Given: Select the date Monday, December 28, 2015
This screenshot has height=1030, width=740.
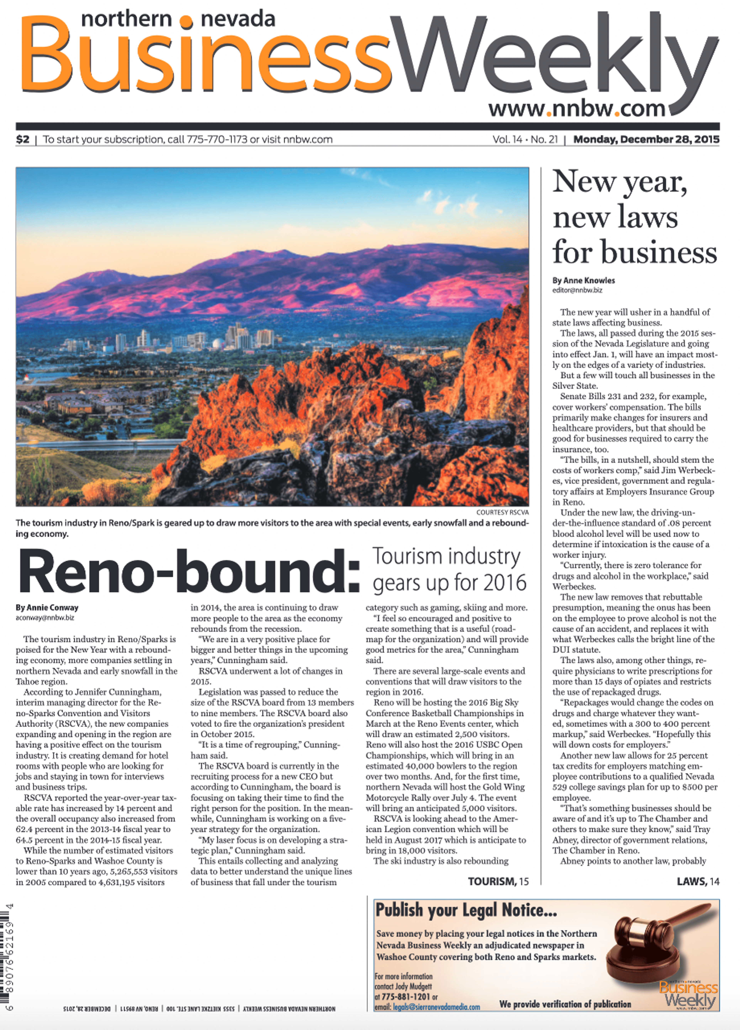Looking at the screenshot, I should pos(646,139).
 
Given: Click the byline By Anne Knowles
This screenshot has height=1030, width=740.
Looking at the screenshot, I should pos(583,280).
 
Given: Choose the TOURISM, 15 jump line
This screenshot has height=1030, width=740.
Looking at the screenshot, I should pos(498,882).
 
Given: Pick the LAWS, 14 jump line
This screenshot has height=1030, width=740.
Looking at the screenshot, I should pos(698,882).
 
